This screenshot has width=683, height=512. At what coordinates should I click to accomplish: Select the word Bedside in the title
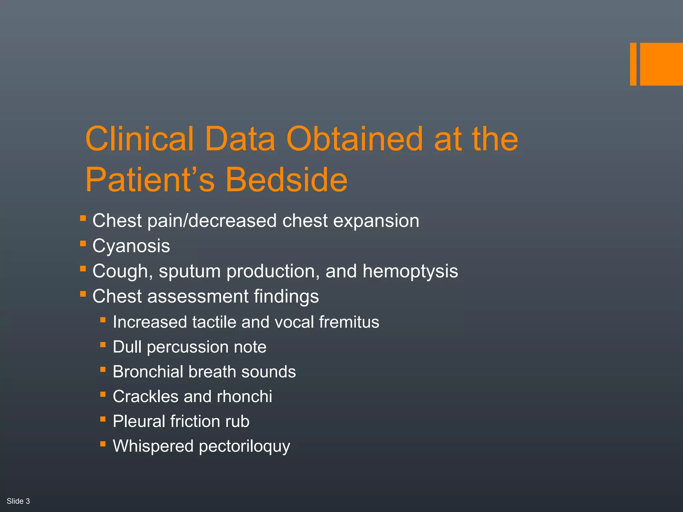(286, 180)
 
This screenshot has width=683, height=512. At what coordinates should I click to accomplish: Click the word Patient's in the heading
(150, 180)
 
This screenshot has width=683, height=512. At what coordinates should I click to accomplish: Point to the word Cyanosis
(131, 246)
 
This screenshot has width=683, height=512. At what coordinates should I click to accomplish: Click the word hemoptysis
(410, 271)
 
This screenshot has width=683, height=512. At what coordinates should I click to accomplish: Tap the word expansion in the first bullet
(376, 221)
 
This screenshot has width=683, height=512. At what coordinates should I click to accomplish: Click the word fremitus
(349, 322)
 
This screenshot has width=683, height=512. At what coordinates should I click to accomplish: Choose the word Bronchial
(148, 372)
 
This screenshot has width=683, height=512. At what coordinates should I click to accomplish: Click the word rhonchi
(244, 397)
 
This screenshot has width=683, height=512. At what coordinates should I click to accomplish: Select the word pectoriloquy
(244, 447)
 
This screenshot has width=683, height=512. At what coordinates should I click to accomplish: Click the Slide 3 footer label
(18, 501)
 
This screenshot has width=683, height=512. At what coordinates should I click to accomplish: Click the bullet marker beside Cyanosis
(83, 244)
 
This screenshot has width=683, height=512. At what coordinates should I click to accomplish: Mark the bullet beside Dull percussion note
(103, 344)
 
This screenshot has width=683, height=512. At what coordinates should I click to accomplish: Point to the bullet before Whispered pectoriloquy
(103, 444)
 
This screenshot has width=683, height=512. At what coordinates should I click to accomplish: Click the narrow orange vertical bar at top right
(633, 64)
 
